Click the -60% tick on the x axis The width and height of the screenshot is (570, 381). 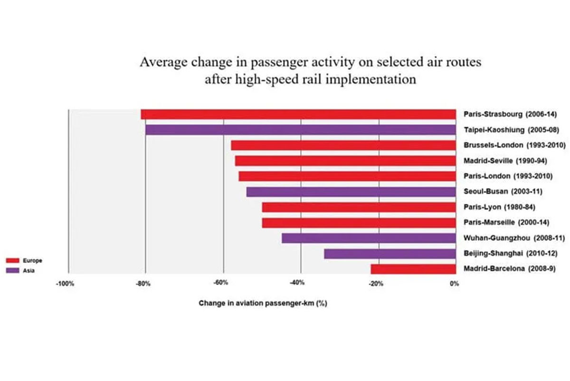point(219,284)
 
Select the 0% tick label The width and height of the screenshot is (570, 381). point(454,284)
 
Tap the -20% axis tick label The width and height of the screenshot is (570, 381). point(376,284)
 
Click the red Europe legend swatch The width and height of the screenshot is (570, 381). point(12,261)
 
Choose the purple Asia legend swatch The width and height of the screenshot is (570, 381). point(12,270)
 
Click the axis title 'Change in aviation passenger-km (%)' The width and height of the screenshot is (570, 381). point(263,303)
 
